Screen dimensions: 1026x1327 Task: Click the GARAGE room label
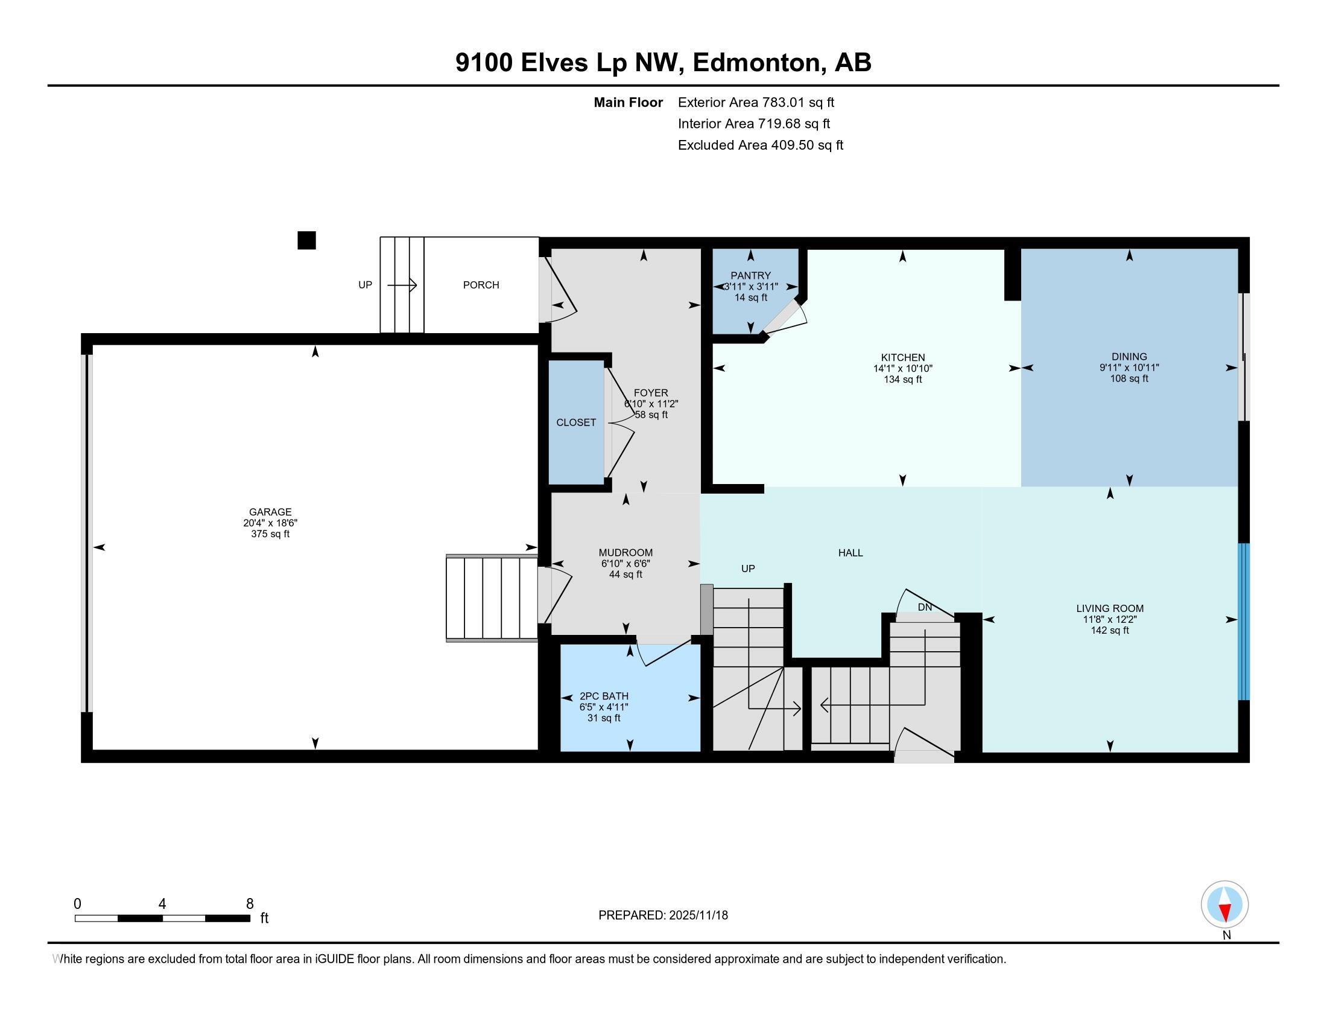pyautogui.click(x=270, y=512)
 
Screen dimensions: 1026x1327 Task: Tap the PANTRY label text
pyautogui.click(x=750, y=275)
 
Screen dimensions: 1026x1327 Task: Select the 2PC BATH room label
pyautogui.click(x=603, y=696)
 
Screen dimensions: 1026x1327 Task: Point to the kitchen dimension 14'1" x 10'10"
pyautogui.click(x=902, y=368)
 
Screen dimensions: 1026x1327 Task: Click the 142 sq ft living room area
pyautogui.click(x=1109, y=630)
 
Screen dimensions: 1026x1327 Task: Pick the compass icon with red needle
pyautogui.click(x=1224, y=905)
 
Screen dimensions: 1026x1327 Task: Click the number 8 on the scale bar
pyautogui.click(x=250, y=904)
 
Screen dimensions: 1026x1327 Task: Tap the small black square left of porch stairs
pyautogui.click(x=307, y=241)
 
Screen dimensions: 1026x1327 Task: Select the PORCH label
pyautogui.click(x=481, y=285)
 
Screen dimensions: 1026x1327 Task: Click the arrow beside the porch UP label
pyautogui.click(x=402, y=285)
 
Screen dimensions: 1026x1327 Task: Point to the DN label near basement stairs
pyautogui.click(x=924, y=607)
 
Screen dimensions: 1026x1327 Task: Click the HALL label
pyautogui.click(x=850, y=552)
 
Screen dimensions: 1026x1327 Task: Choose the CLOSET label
pyautogui.click(x=576, y=422)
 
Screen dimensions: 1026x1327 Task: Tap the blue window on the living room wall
pyautogui.click(x=1244, y=621)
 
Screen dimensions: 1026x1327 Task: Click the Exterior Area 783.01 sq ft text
pyautogui.click(x=756, y=102)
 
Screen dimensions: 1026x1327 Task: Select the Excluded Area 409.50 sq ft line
pyautogui.click(x=760, y=145)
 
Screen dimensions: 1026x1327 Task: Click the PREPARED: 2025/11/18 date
pyautogui.click(x=663, y=915)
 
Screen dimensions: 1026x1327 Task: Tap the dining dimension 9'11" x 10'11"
pyautogui.click(x=1129, y=367)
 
